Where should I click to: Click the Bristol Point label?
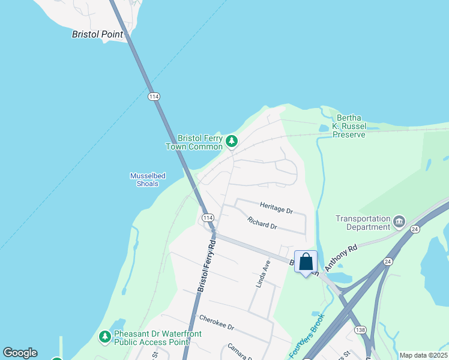97,34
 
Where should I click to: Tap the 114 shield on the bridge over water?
154,96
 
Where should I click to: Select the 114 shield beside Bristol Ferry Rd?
208,217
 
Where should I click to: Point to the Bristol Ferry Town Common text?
194,142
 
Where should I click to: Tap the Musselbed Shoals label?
148,179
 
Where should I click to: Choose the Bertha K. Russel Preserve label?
351,126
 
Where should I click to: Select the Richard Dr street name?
262,223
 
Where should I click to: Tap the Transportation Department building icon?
399,223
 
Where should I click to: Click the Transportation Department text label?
363,223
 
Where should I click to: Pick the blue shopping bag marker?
306,262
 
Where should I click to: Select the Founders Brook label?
307,336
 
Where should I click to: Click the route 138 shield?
360,330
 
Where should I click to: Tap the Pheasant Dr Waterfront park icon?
105,337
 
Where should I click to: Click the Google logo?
20,353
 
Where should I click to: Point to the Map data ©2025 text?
423,355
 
